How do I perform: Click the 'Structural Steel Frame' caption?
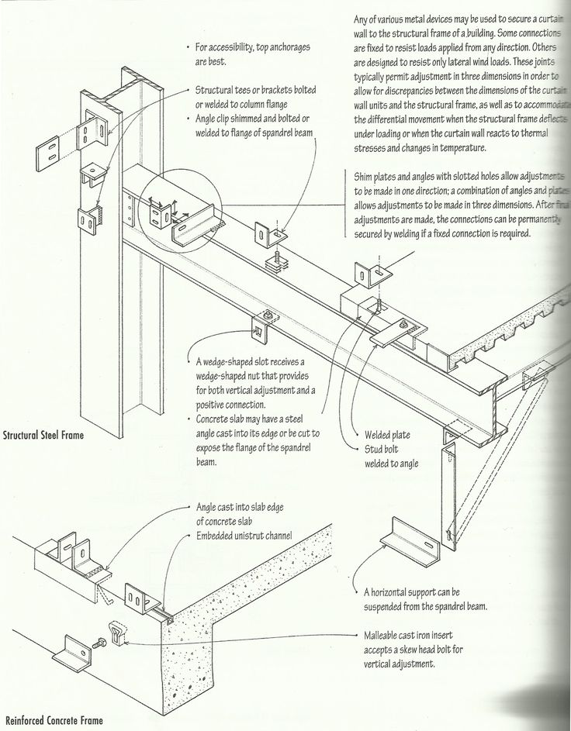[43, 435]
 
